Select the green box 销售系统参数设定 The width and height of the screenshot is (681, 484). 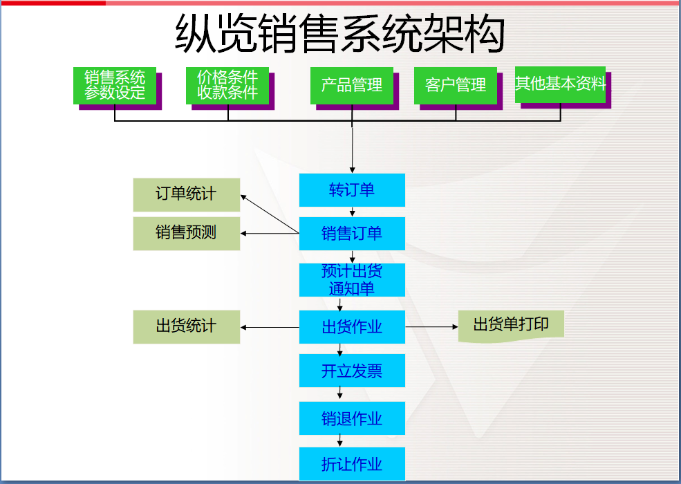pyautogui.click(x=115, y=85)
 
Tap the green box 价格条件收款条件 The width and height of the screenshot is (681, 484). pyautogui.click(x=227, y=85)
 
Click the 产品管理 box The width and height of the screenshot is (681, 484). pyautogui.click(x=352, y=85)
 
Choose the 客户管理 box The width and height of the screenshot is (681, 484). pyautogui.click(x=456, y=85)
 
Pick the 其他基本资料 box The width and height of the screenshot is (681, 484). pyautogui.click(x=560, y=84)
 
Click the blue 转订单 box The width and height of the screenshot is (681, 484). pyautogui.click(x=352, y=190)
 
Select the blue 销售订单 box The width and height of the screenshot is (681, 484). pyautogui.click(x=352, y=234)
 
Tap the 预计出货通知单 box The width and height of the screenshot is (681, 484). pyautogui.click(x=352, y=279)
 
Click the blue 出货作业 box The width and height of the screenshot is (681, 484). pyautogui.click(x=352, y=327)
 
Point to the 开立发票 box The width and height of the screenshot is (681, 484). pyautogui.click(x=352, y=371)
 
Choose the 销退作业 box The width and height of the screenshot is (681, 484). pyautogui.click(x=352, y=418)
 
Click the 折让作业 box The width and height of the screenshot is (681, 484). pyautogui.click(x=352, y=464)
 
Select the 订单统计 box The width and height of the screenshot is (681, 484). pyautogui.click(x=186, y=194)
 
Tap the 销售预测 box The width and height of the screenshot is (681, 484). pyautogui.click(x=186, y=233)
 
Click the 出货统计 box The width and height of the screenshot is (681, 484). pyautogui.click(x=186, y=326)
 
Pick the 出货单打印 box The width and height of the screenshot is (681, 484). pyautogui.click(x=511, y=324)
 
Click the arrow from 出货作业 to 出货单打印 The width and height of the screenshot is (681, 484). pyautogui.click(x=431, y=326)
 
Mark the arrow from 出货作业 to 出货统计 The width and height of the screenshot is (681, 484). pyautogui.click(x=270, y=327)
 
